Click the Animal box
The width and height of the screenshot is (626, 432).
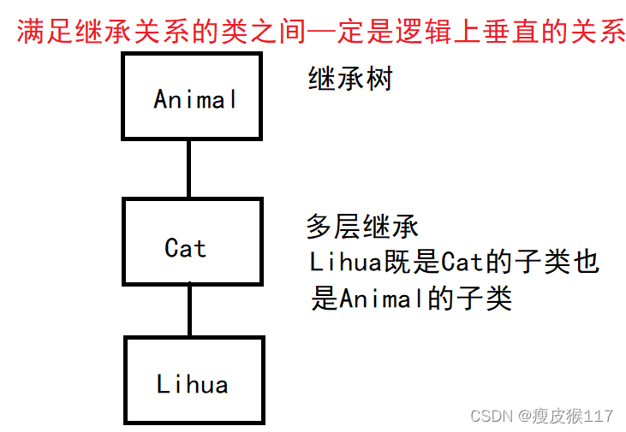point(192,96)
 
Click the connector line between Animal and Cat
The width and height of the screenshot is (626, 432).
point(188,169)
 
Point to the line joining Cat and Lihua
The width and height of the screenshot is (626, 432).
point(189,311)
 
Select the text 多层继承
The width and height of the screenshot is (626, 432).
point(362,227)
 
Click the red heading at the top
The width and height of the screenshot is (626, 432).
point(322,33)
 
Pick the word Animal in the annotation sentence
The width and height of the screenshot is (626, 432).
point(374,299)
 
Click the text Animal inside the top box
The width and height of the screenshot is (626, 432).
point(195,100)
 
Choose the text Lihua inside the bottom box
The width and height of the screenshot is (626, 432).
point(193,384)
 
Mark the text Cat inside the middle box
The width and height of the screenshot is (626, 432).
point(186,248)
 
